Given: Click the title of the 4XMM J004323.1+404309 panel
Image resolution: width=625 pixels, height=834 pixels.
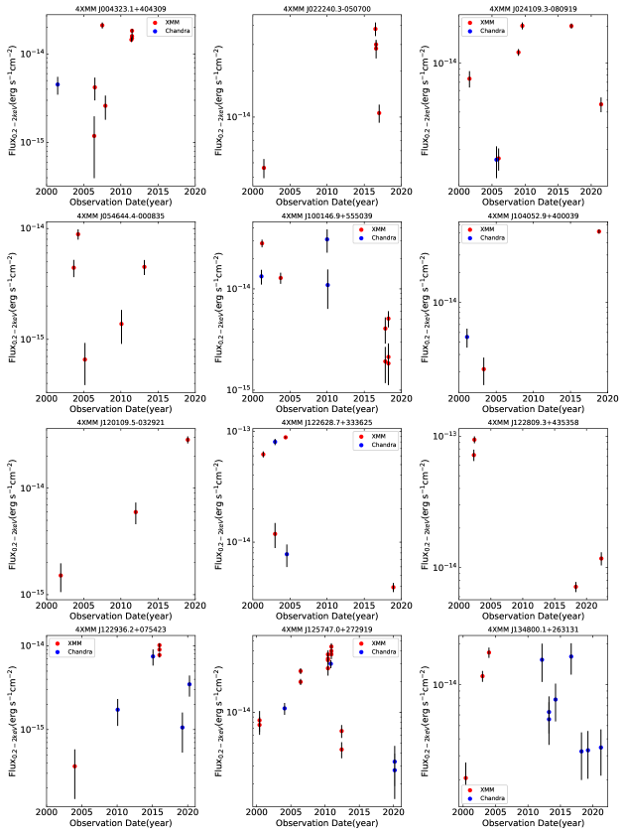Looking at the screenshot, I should [x=120, y=7].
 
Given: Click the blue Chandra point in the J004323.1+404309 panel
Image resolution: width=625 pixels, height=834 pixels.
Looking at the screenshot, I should [x=58, y=84].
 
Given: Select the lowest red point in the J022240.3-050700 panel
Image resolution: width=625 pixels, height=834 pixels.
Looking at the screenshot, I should [x=264, y=168].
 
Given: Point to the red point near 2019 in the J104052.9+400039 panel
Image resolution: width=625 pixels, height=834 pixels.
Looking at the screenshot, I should [x=599, y=231].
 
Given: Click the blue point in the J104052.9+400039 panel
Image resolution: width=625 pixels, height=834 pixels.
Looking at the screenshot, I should [x=467, y=337].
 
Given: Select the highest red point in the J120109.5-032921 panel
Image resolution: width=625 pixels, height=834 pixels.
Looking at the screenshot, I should [x=187, y=440].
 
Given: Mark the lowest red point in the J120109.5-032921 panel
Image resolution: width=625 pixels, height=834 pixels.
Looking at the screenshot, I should [x=61, y=576].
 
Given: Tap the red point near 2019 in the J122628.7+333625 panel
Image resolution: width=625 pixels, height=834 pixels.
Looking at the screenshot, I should [x=393, y=587].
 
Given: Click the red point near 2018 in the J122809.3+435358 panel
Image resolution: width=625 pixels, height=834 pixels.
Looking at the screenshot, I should [x=575, y=587].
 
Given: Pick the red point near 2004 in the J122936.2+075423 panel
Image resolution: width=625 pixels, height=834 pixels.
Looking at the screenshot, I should [x=74, y=766].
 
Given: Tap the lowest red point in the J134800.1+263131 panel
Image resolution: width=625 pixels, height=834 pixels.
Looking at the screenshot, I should [x=465, y=778].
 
